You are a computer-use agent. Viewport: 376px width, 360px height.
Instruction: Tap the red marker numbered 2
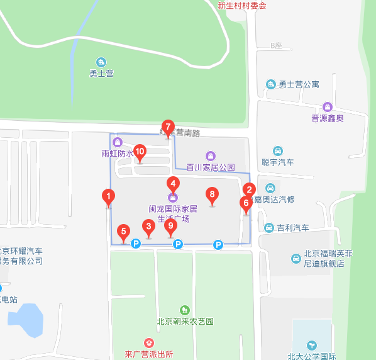[x=249, y=189]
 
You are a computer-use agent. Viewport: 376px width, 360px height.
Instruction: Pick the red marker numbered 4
[x=173, y=184]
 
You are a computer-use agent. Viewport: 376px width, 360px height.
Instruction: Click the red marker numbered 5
[x=123, y=232]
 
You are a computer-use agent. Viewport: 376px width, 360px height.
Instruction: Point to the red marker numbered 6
[x=246, y=203]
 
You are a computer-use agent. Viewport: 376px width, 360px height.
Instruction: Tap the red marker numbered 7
[x=167, y=127]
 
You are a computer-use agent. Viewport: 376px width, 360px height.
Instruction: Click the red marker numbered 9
[x=170, y=227]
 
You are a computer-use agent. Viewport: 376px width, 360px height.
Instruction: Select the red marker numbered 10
[x=140, y=152]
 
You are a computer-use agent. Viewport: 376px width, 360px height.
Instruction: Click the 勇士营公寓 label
[x=299, y=84]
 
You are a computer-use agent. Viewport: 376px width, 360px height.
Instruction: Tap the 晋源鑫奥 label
[x=328, y=118]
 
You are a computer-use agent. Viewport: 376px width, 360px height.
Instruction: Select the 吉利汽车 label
[x=293, y=227]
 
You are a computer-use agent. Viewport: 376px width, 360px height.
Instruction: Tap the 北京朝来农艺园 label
[x=184, y=321]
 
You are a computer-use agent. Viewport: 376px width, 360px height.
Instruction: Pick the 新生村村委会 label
[x=242, y=6]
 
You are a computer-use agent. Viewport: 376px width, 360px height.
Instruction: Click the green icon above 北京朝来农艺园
[x=184, y=310]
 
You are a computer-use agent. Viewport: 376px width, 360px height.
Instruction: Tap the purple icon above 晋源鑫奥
[x=327, y=106]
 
